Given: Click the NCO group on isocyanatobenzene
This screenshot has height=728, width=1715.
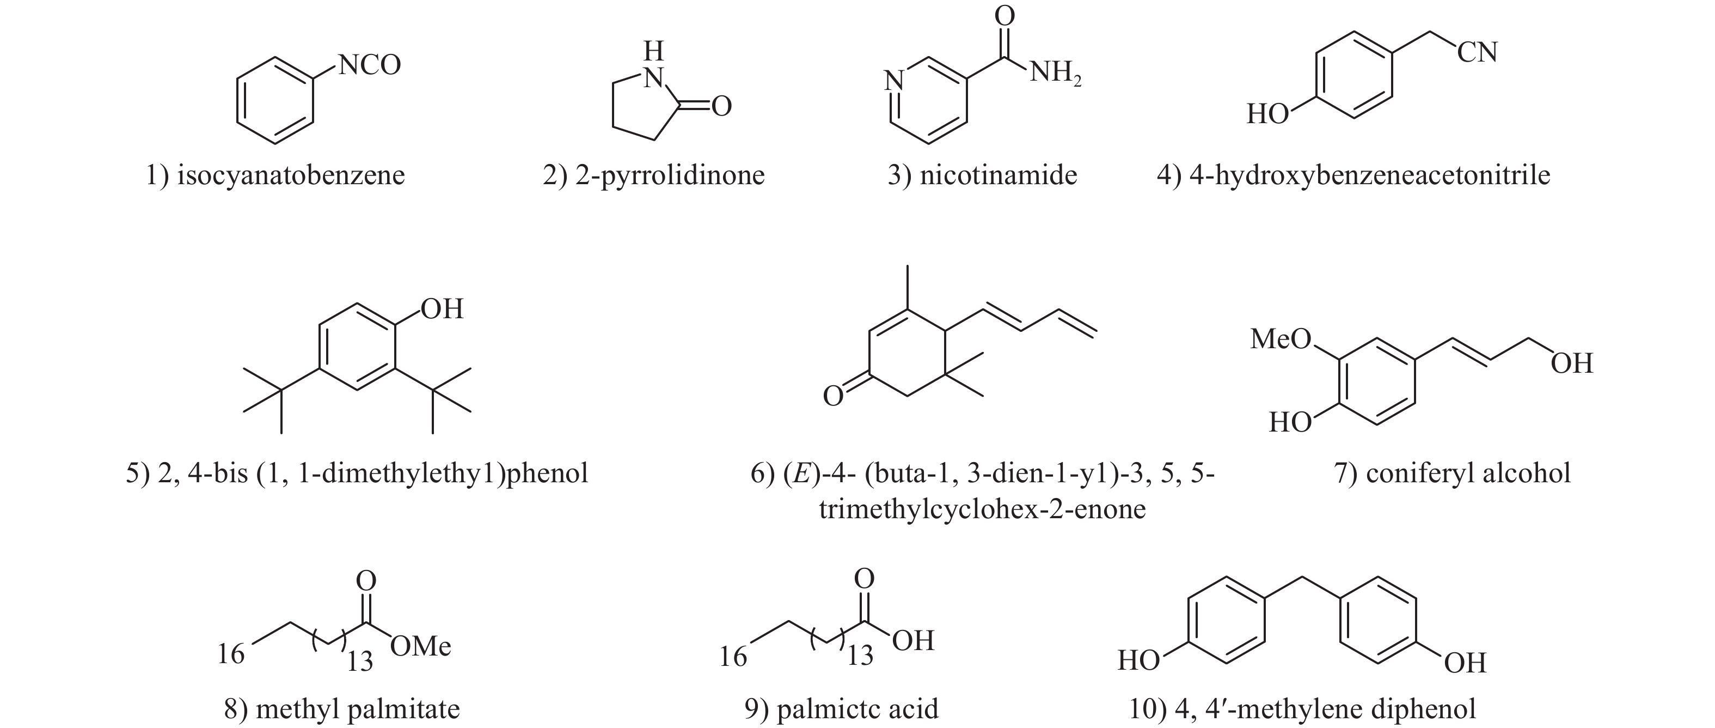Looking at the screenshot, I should (x=370, y=65).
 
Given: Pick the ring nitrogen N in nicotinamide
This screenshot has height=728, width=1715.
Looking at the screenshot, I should (x=893, y=81).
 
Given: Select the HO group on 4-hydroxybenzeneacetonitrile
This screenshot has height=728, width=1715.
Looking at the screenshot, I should (x=1267, y=114).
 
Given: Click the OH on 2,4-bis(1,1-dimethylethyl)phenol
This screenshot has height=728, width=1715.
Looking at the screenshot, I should (x=442, y=309).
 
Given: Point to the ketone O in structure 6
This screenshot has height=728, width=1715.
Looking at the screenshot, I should (x=833, y=396).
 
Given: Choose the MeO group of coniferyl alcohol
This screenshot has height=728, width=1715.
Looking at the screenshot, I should (x=1280, y=339).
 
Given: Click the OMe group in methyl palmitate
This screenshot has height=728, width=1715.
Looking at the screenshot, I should (x=421, y=646).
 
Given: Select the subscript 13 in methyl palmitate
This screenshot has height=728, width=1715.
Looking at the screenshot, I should (x=359, y=662).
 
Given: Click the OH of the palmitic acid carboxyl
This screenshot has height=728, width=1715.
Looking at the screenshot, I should (x=914, y=641).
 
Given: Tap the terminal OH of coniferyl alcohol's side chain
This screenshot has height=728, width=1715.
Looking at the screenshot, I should (x=1572, y=363).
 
